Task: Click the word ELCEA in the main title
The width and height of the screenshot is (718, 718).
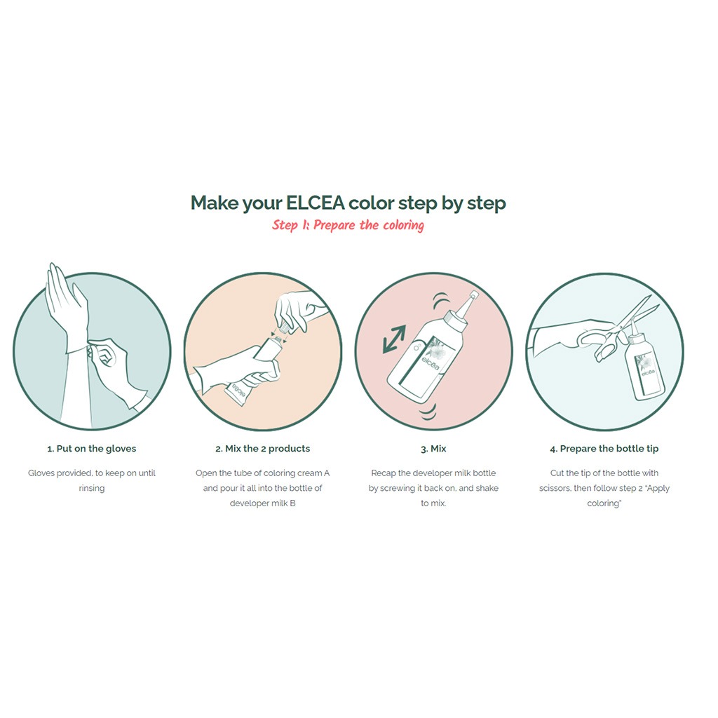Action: [315, 203]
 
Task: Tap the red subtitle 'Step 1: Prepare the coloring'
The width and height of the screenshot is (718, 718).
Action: [348, 225]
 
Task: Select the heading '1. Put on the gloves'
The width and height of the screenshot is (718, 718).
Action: [92, 449]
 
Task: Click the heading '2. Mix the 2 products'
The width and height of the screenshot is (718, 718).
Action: [262, 449]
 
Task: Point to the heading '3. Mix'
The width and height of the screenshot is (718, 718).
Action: [433, 449]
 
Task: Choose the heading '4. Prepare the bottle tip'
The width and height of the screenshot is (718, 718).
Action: [604, 449]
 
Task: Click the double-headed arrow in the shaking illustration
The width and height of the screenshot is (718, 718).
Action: [394, 339]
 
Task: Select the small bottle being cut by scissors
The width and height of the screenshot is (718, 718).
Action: [645, 362]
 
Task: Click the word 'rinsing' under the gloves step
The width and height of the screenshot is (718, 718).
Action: [92, 488]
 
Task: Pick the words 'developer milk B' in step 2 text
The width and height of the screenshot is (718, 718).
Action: [262, 503]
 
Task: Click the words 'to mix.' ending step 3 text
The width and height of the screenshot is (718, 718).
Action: [433, 503]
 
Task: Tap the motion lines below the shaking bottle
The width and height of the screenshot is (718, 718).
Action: [428, 412]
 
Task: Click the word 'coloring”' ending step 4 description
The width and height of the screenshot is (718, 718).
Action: [604, 503]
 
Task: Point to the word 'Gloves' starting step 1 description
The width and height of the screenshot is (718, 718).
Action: [41, 473]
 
